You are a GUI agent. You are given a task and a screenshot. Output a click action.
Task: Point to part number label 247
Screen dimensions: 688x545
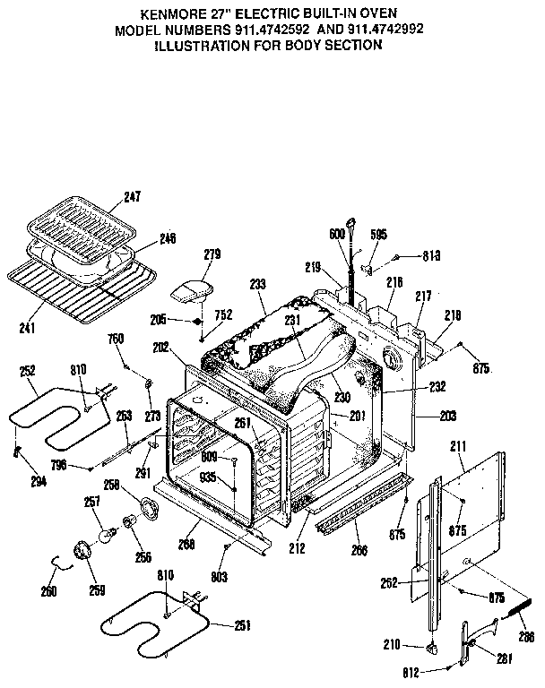point(134,196)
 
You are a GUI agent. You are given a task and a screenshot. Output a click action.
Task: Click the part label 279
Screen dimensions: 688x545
point(211,255)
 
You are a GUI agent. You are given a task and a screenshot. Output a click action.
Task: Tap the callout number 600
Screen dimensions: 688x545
point(337,235)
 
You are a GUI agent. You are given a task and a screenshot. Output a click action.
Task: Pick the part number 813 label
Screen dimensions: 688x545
point(431,255)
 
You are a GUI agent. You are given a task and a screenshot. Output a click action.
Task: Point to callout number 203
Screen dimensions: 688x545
point(448,417)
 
